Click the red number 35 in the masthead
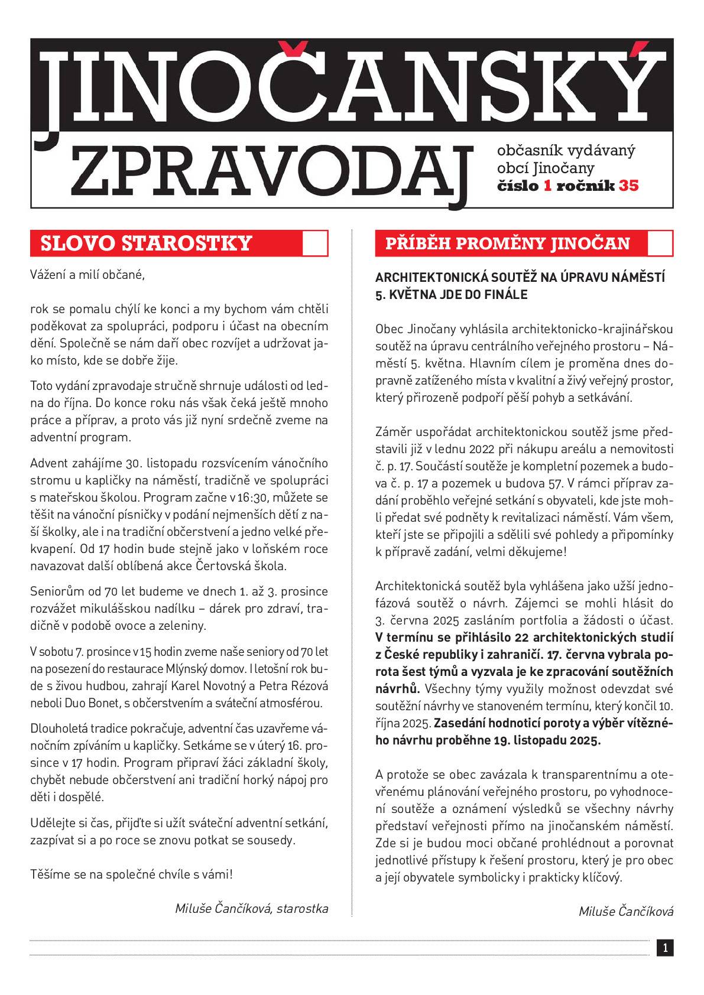click(628, 186)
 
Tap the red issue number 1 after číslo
click(547, 186)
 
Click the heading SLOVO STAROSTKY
click(146, 243)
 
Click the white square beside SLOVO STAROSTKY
click(314, 243)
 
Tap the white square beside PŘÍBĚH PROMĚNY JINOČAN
click(660, 243)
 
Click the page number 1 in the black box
click(665, 948)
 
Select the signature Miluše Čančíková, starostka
click(251, 908)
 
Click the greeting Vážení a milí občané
click(87, 275)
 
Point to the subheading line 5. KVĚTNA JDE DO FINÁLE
click(451, 294)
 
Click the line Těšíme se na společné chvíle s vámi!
click(132, 874)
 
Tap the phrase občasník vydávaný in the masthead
click(566, 150)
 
